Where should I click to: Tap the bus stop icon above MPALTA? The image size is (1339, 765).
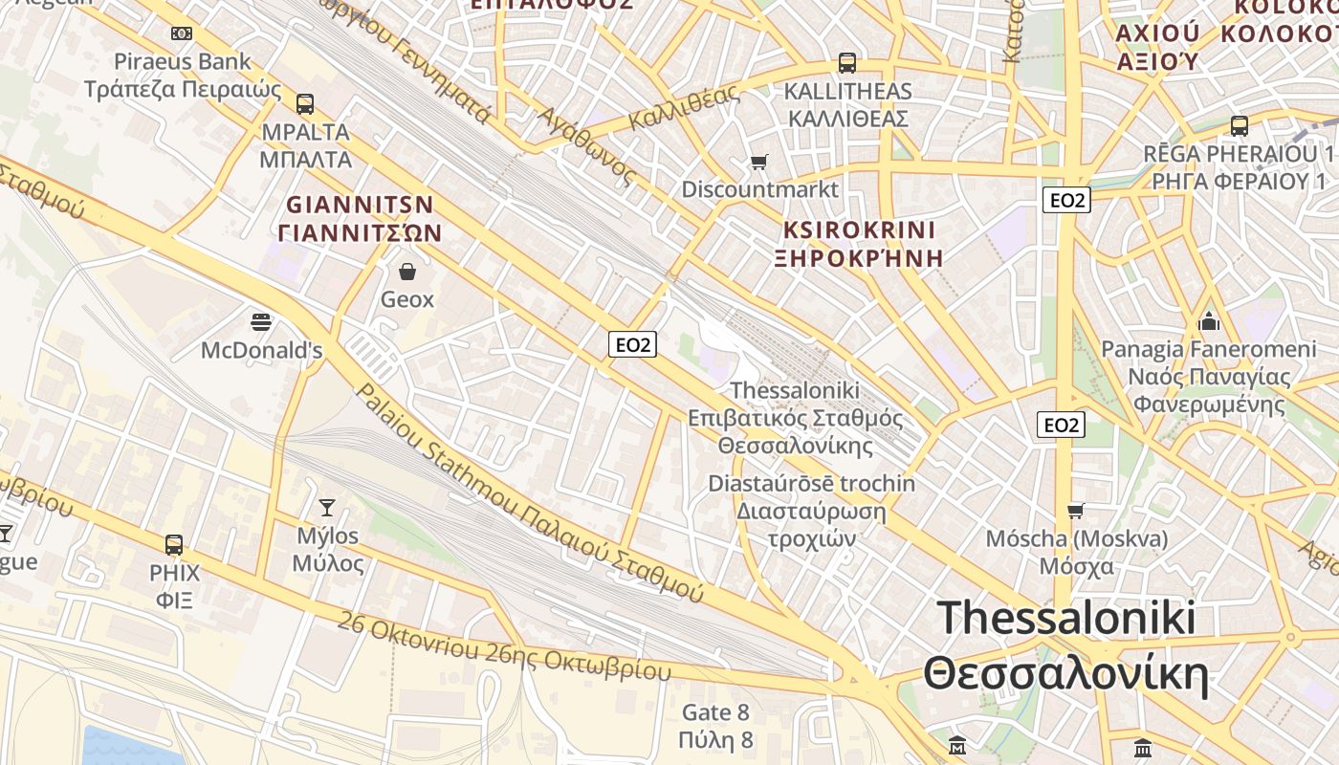click(x=305, y=104)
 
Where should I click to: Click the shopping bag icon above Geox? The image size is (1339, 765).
click(x=407, y=273)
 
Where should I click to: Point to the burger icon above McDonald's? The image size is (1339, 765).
click(x=260, y=321)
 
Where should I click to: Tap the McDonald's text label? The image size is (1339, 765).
click(x=261, y=351)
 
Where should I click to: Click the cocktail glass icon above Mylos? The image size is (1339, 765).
click(x=327, y=508)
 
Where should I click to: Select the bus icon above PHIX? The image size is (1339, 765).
click(x=174, y=545)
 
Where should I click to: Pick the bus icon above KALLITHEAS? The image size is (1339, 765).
click(x=846, y=63)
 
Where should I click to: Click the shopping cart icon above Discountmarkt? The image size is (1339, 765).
click(x=759, y=162)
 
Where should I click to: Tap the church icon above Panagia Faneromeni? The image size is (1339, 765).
click(x=1209, y=321)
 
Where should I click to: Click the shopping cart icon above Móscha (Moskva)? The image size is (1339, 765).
click(x=1076, y=511)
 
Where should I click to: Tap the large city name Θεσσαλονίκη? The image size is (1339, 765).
click(x=1065, y=674)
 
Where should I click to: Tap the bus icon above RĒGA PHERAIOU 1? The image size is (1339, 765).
click(x=1239, y=125)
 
